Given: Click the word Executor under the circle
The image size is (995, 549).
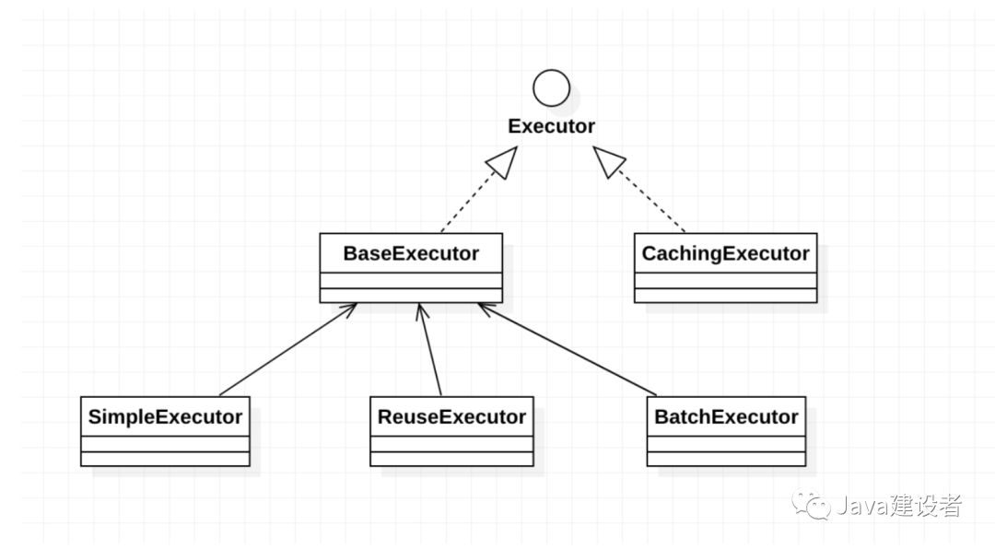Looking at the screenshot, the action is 552,125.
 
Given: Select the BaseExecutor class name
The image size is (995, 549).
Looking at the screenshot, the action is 411,253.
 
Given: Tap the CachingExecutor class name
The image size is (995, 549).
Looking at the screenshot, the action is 725,253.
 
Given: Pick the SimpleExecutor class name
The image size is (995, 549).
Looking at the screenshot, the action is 165,416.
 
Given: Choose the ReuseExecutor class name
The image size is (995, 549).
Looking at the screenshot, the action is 451,416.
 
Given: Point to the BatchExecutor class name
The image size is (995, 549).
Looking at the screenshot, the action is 726,416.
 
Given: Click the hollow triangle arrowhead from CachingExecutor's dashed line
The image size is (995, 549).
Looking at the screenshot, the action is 609,161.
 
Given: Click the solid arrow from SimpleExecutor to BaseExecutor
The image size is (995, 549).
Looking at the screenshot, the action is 288,350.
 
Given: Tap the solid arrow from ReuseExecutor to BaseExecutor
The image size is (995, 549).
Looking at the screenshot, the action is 429,350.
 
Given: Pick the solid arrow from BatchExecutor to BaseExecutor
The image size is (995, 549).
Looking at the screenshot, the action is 567,350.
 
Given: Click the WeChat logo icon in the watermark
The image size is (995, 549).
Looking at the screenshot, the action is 811,505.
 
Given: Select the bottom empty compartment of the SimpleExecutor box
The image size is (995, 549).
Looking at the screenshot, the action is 165,459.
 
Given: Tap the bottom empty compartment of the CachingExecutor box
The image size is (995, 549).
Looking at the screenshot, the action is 725,295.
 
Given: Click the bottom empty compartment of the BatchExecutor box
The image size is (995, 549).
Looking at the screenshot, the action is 726,459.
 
